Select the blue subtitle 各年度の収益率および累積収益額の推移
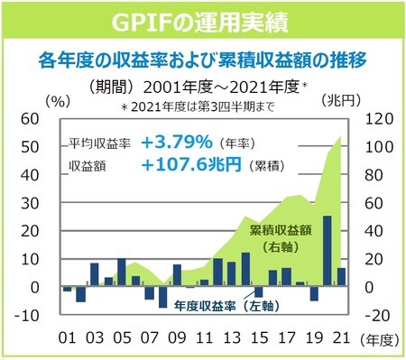pos(203,60)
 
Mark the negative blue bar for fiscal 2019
pos(313,293)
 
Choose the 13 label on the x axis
pos(229,338)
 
